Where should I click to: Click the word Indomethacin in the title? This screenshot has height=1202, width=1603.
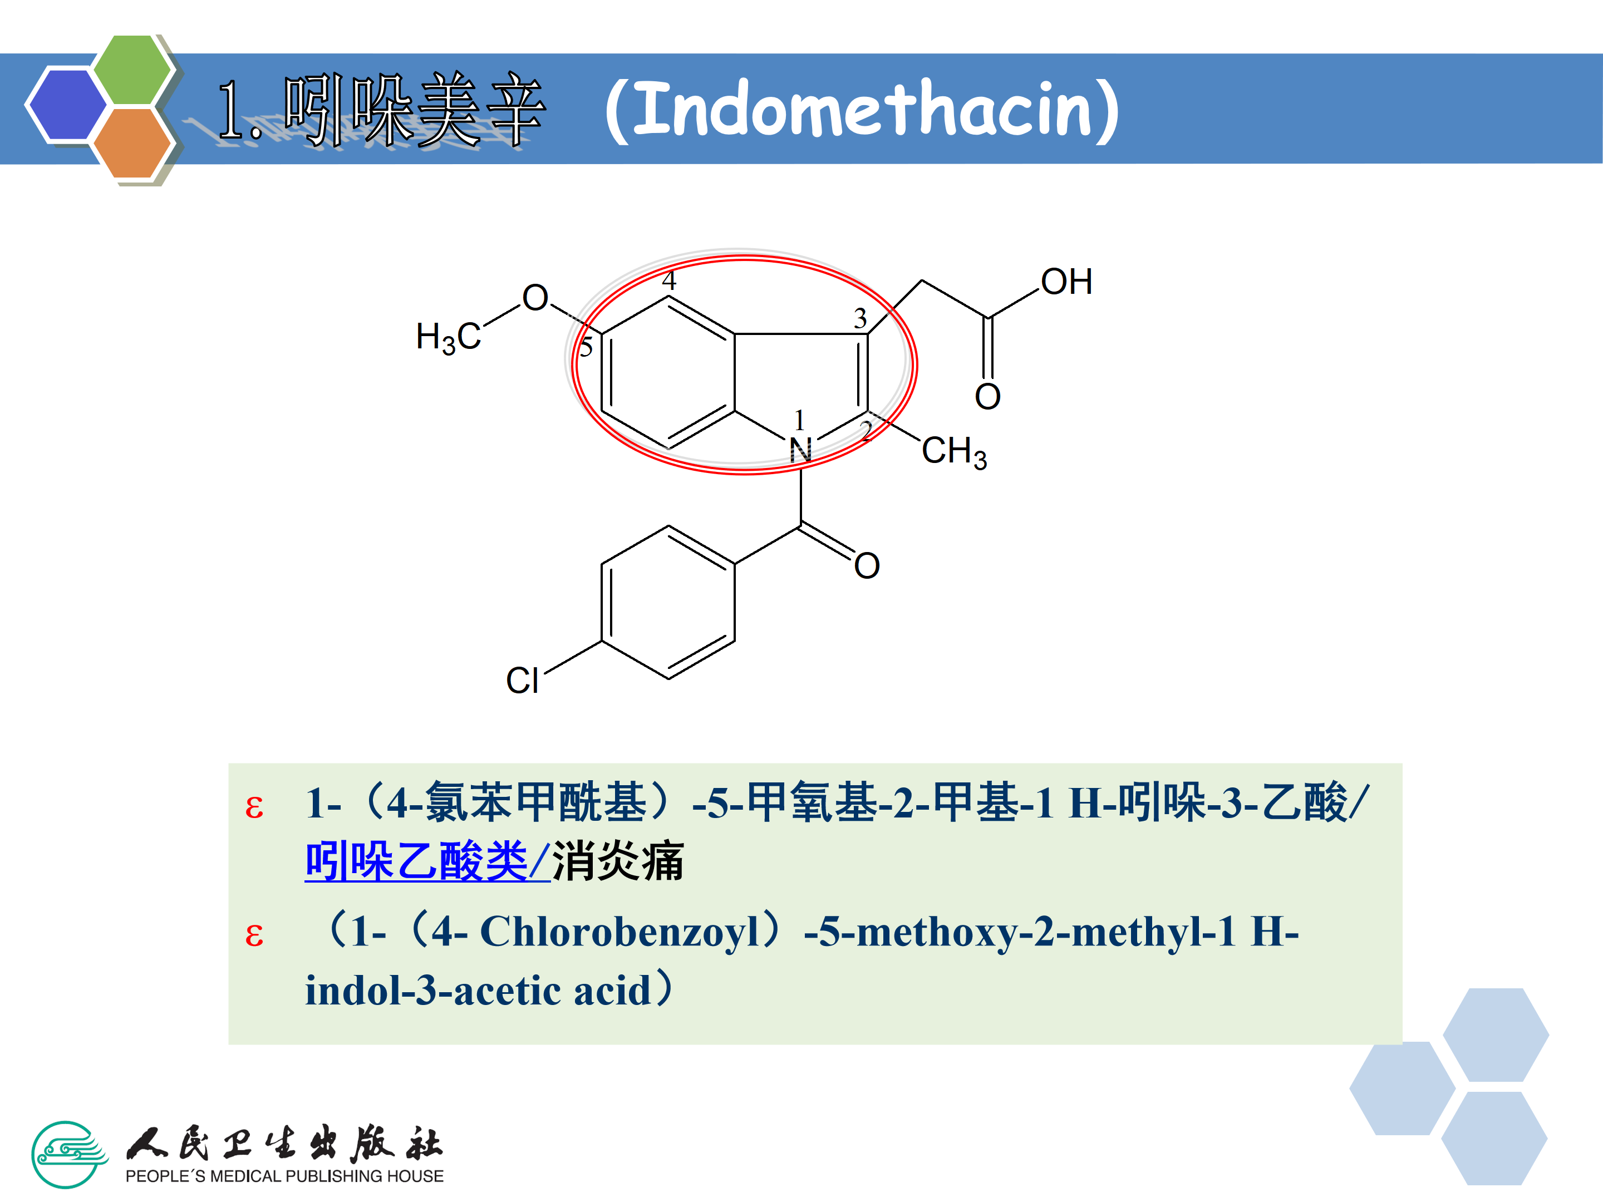click(862, 110)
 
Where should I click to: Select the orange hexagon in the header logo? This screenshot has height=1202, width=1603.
click(132, 142)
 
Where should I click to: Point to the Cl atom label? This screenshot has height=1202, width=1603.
click(522, 681)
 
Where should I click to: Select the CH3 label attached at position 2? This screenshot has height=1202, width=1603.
click(953, 451)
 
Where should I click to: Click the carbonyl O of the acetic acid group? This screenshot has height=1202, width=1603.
click(987, 396)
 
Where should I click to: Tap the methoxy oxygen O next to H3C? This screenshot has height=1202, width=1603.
click(535, 298)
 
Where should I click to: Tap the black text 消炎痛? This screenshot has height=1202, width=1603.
click(617, 861)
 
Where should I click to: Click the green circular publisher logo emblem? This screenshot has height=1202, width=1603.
click(68, 1154)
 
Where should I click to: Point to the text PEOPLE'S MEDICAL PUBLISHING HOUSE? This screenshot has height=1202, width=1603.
click(284, 1176)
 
